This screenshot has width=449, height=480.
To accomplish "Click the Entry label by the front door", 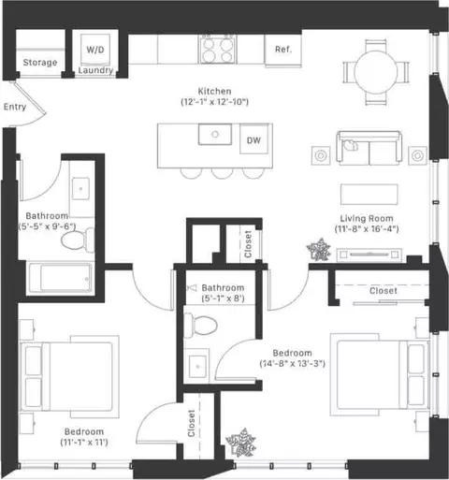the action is (15, 107).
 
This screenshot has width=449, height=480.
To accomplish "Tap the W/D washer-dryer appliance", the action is (95, 50).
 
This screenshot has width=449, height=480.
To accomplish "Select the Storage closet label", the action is (40, 63).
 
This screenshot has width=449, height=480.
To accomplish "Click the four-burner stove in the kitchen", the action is (218, 49).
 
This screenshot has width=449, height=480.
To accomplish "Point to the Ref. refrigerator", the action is (283, 51).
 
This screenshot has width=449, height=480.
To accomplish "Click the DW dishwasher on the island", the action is (253, 139).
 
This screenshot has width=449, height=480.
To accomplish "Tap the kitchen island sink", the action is (215, 135).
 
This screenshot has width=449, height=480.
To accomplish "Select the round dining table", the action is (376, 72).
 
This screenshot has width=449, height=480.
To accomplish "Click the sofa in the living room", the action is (369, 148).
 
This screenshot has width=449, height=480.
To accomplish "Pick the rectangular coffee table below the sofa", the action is (369, 195).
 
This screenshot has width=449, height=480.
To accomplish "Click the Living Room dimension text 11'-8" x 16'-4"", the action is (367, 229).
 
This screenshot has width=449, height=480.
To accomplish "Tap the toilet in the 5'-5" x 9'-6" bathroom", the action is (78, 240).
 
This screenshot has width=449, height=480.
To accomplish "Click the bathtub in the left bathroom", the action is (60, 278).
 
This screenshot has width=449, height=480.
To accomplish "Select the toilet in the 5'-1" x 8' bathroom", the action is (200, 326).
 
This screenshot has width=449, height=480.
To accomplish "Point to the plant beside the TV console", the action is (318, 250).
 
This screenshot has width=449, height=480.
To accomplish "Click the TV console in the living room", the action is (369, 255).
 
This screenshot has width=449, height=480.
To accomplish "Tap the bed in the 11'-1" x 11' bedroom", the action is (69, 376).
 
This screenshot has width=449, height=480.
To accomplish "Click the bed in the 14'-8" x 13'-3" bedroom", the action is (380, 374).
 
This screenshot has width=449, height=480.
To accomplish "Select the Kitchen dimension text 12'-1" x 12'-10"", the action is (215, 102).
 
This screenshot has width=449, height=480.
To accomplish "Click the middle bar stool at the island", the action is (222, 173).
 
